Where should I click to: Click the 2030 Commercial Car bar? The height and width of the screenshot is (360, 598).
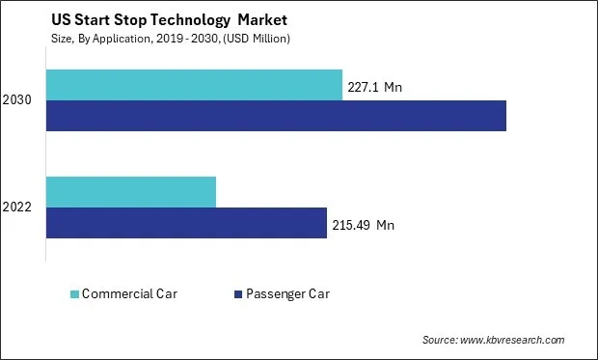194,85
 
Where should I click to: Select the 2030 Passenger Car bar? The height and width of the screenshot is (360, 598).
276,116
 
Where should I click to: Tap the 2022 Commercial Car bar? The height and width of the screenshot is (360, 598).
131,192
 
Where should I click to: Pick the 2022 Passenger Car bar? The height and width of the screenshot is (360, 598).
186,223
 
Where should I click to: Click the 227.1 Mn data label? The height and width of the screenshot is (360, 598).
372,88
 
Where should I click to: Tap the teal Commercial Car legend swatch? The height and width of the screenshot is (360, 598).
75,293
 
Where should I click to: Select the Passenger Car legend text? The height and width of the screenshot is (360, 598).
287,293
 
